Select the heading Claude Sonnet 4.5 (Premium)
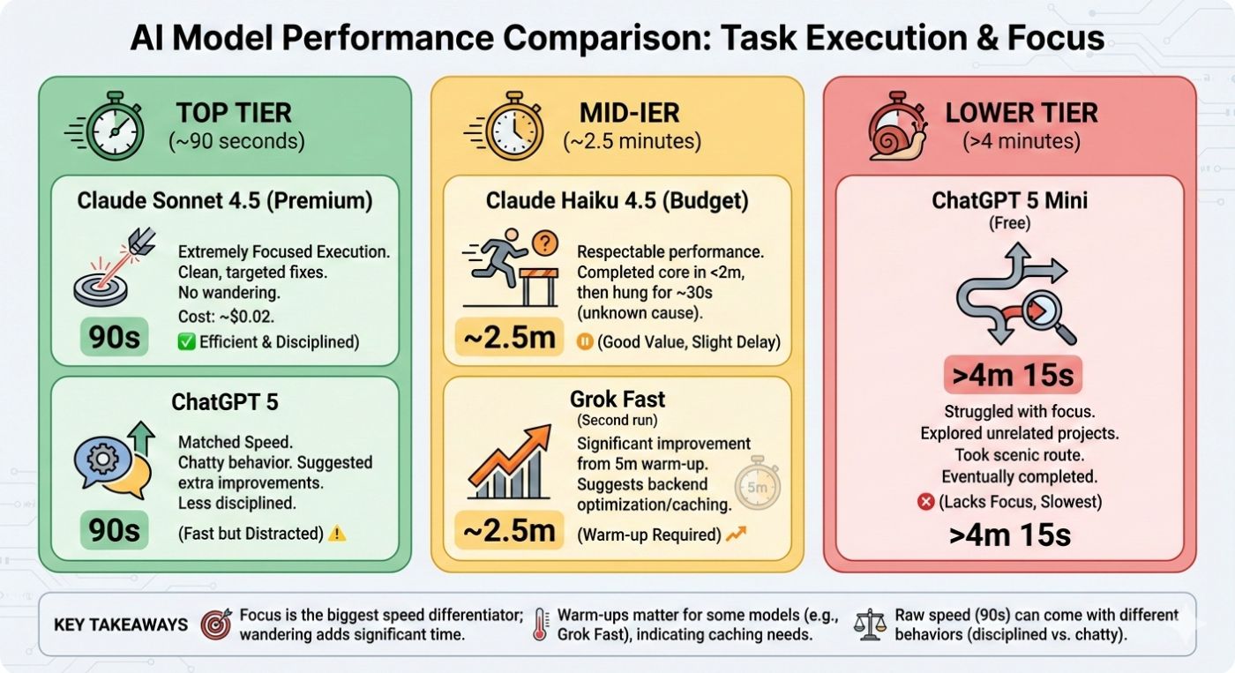tap(225, 200)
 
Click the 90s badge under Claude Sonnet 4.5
tap(115, 337)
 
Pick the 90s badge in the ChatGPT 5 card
tap(115, 530)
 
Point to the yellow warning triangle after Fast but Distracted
tap(336, 533)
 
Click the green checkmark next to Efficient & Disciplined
tap(185, 341)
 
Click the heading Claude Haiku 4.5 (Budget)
tap(617, 200)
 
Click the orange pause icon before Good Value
tap(583, 341)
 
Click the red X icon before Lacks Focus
tap(925, 501)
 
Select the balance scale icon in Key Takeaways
tap(872, 624)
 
